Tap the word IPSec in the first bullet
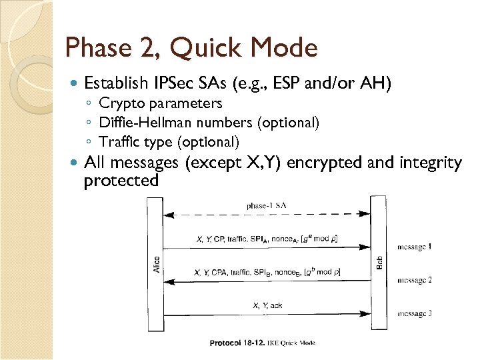[175, 83]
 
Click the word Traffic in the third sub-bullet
[118, 141]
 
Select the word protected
[121, 181]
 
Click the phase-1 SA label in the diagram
[267, 205]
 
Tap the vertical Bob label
[379, 263]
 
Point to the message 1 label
[414, 247]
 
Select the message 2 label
[414, 280]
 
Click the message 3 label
[414, 313]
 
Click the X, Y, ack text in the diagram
[267, 305]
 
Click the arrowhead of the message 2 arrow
[169, 281]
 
